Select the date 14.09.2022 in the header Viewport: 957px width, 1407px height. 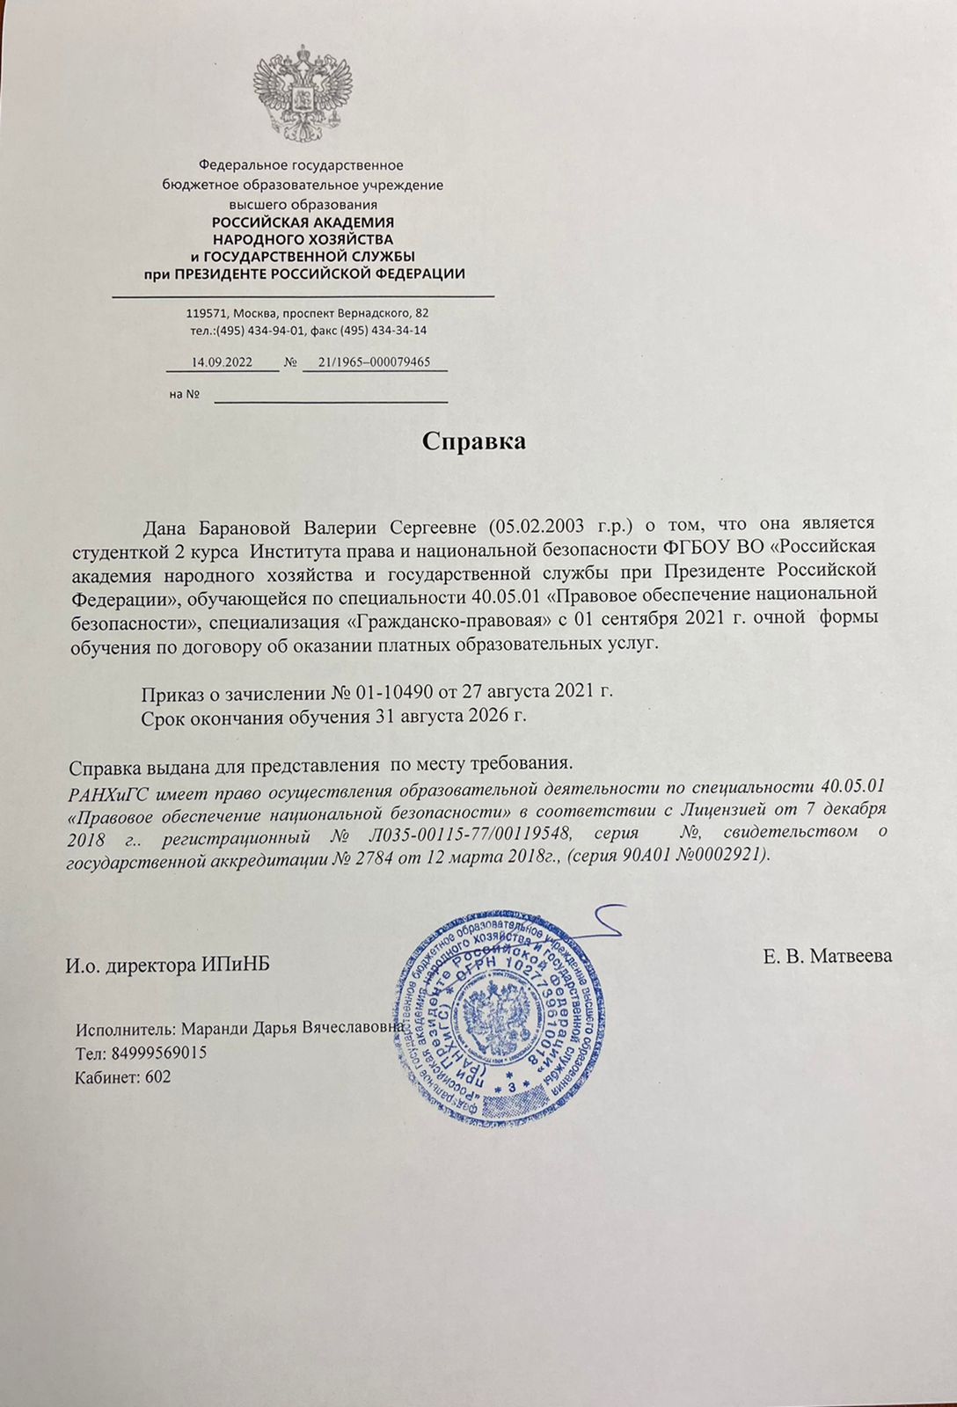[222, 361]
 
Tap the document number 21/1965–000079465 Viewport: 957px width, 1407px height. [374, 361]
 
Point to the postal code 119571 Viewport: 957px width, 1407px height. [207, 313]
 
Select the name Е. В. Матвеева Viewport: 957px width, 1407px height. [828, 955]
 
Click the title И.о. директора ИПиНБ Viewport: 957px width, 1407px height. [166, 966]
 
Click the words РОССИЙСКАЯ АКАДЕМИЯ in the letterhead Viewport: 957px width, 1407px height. [303, 222]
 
